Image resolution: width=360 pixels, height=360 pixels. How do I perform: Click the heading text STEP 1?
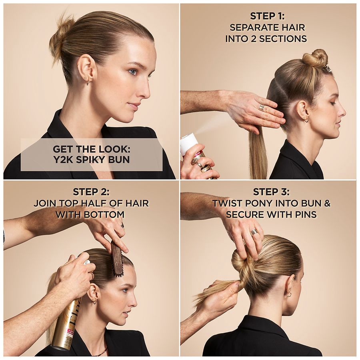coord(267,16)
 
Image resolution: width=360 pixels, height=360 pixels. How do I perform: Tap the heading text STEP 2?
coord(91,192)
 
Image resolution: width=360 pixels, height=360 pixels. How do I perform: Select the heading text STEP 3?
coord(271,192)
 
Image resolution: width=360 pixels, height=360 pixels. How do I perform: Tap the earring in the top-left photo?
coord(88,82)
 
